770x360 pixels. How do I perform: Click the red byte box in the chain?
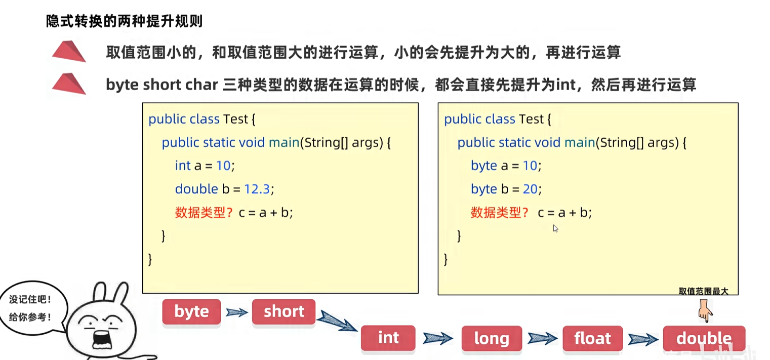click(x=191, y=311)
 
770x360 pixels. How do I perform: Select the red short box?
click(x=283, y=311)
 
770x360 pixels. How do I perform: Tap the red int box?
click(x=388, y=338)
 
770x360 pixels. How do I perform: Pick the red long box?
click(x=491, y=338)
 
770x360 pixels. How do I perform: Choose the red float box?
click(x=592, y=338)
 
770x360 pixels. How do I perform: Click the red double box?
click(x=704, y=338)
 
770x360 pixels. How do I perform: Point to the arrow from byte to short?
click(x=236, y=312)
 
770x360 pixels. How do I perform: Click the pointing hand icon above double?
click(x=704, y=310)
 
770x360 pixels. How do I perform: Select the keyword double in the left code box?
click(x=196, y=189)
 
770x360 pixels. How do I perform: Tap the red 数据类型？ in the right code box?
click(x=500, y=213)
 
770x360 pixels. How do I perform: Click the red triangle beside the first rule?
click(x=69, y=51)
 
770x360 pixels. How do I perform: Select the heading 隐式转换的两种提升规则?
click(x=125, y=21)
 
